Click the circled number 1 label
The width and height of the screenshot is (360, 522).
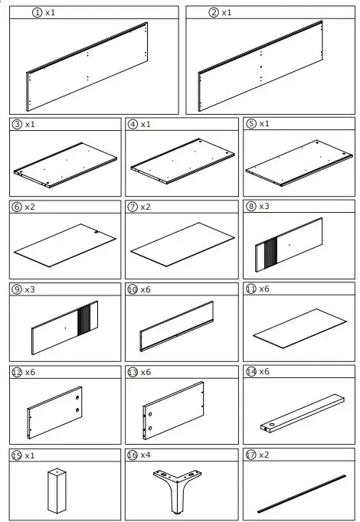pos(36,13)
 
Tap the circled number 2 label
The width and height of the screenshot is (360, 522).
pos(213,13)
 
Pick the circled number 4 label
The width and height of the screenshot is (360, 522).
pos(133,124)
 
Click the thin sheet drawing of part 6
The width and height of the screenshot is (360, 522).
pos(67,243)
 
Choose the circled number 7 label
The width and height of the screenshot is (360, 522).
pos(133,207)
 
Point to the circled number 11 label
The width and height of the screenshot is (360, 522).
pos(250,289)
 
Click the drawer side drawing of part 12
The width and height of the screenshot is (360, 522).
pos(56,411)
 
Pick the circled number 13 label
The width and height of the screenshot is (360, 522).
pos(133,372)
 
